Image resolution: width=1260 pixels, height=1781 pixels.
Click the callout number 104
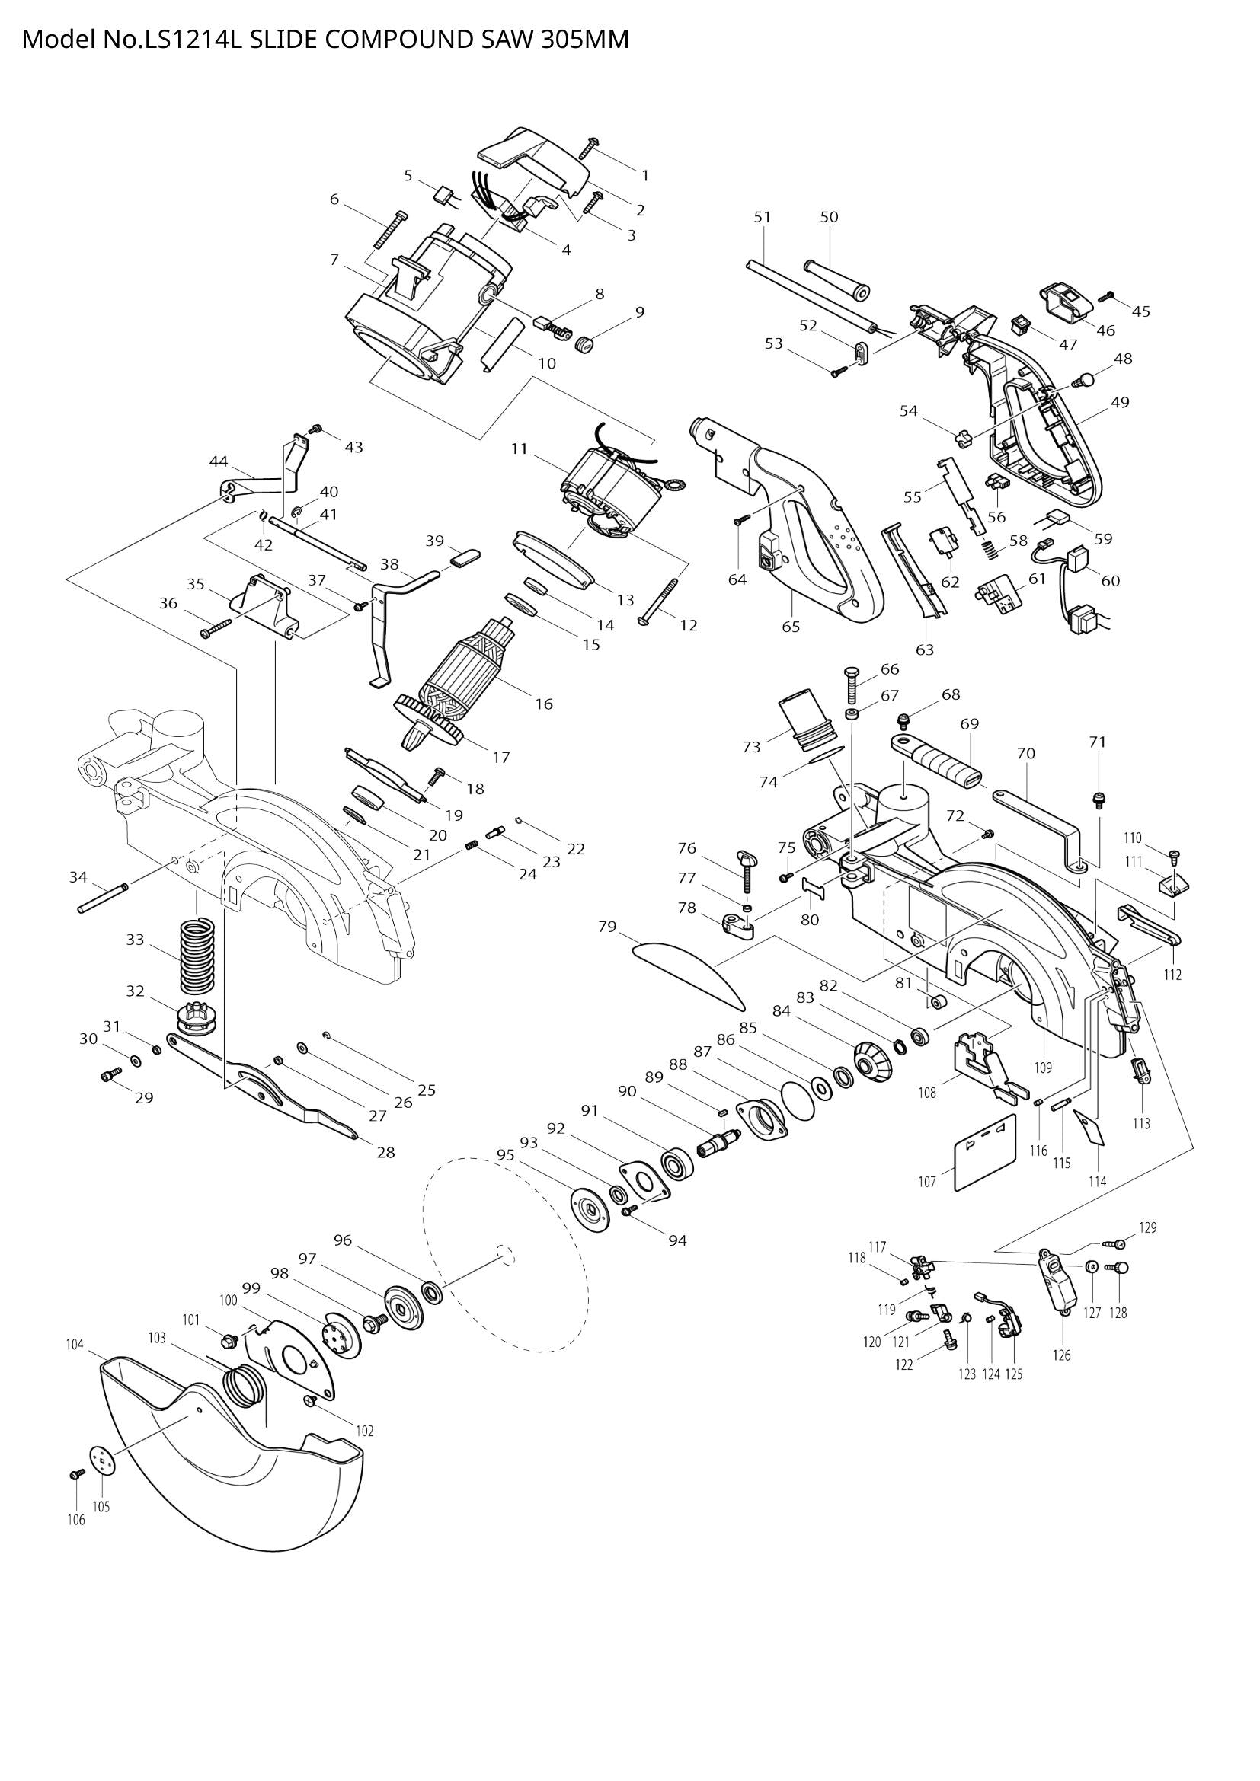(75, 1345)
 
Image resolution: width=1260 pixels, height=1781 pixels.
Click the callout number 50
(830, 217)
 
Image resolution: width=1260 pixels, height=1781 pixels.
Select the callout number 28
(385, 1153)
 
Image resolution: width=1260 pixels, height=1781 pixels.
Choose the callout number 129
(1147, 1227)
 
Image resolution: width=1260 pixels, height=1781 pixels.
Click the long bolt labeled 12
(661, 598)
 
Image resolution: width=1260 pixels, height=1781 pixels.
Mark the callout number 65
(791, 627)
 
